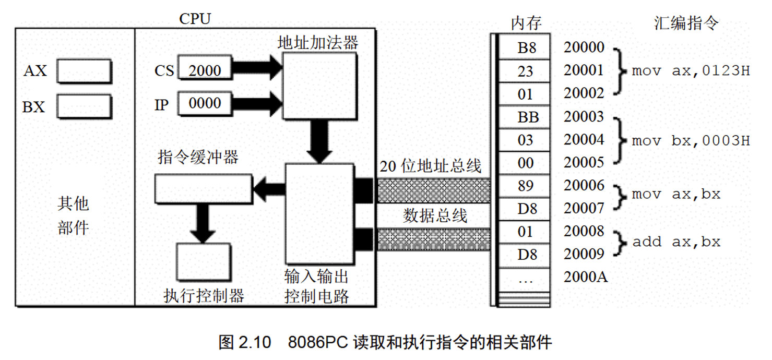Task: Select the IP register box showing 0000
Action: click(x=204, y=103)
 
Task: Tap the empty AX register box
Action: click(x=84, y=70)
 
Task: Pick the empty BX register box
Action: click(x=84, y=106)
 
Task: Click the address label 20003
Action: click(x=584, y=117)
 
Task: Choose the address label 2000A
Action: click(x=586, y=277)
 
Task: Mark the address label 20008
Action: click(x=584, y=231)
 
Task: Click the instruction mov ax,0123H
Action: click(x=691, y=70)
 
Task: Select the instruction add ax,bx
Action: click(x=676, y=242)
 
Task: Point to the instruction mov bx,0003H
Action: click(x=691, y=141)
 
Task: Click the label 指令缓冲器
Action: click(x=198, y=157)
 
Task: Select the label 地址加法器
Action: click(x=318, y=42)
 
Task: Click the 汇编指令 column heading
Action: click(x=686, y=23)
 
